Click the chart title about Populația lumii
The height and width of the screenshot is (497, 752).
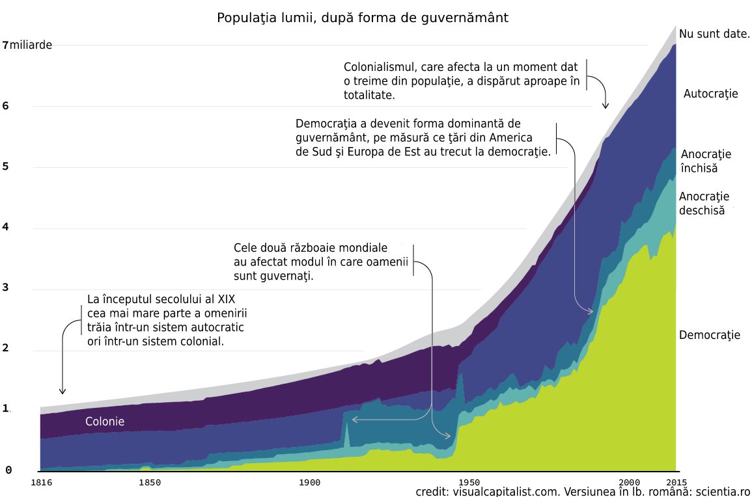[x=362, y=18]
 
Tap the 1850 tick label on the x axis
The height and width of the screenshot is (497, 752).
[x=150, y=483]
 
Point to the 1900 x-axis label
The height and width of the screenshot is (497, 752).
[x=310, y=483]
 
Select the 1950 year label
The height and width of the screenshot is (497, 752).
[x=469, y=483]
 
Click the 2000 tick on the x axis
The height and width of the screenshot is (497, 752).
[x=630, y=483]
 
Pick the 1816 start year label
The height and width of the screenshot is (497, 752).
[x=40, y=483]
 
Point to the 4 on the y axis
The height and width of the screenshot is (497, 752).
[x=7, y=227]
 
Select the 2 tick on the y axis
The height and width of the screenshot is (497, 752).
[x=7, y=349]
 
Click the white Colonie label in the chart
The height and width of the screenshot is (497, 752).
[x=105, y=422]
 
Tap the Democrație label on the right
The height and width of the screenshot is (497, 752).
[x=710, y=336]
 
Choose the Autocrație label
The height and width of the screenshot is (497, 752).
[x=710, y=94]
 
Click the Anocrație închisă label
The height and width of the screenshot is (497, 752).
[x=706, y=161]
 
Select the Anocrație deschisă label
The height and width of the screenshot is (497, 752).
[x=704, y=204]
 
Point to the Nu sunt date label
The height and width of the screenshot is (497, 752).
[x=714, y=34]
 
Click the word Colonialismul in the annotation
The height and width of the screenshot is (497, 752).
[x=380, y=67]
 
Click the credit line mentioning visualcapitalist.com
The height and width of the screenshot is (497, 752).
[x=583, y=491]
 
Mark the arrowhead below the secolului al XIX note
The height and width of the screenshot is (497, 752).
[x=63, y=392]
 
